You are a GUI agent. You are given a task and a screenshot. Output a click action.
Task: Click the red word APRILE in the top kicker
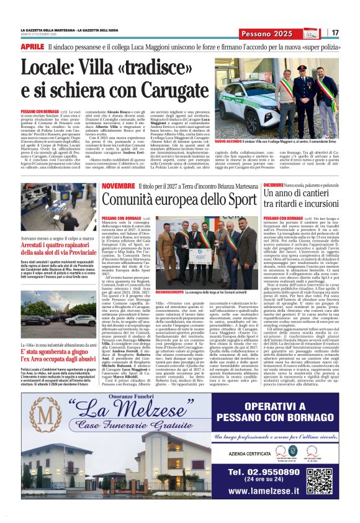pyautogui.click(x=32, y=47)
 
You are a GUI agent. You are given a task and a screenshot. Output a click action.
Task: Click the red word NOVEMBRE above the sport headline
pyautogui.click(x=118, y=187)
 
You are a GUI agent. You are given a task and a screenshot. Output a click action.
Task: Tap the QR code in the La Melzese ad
pyautogui.click(x=318, y=480)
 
